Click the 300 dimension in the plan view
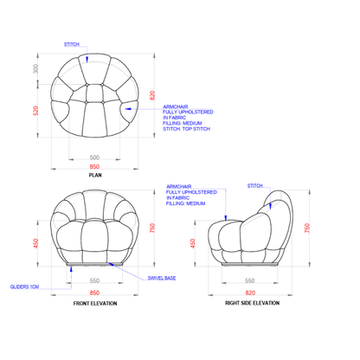[x=35, y=68]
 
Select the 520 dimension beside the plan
[x=35, y=111]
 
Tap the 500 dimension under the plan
[x=94, y=157]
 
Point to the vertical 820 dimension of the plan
[x=152, y=95]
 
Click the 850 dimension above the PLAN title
[x=94, y=167]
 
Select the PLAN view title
[x=95, y=175]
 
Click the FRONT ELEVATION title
[x=95, y=304]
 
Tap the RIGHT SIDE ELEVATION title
[x=253, y=303]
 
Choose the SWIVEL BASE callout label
[x=162, y=279]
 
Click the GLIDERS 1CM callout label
[x=24, y=286]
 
